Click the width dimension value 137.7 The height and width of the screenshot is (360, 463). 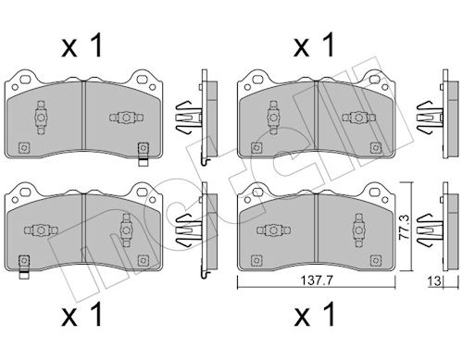click(317, 280)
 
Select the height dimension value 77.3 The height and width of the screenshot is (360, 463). click(405, 228)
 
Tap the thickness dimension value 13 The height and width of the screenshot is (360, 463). click(434, 281)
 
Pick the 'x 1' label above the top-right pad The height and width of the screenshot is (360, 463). click(314, 45)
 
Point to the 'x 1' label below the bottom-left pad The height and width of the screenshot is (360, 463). click(82, 314)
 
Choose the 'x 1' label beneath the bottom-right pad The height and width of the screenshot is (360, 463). click(315, 314)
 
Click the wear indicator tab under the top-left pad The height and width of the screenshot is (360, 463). click(143, 162)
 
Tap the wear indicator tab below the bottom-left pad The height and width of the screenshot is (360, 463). click(24, 275)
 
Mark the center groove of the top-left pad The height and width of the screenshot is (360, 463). click(83, 116)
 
